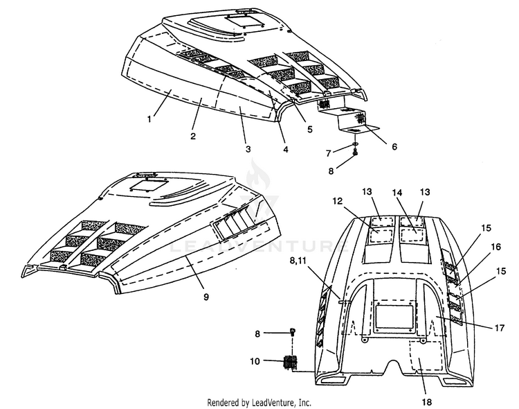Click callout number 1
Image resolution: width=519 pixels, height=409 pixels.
tap(149, 119)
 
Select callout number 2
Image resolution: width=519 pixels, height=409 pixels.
tap(193, 136)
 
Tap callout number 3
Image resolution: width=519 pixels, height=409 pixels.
tap(248, 149)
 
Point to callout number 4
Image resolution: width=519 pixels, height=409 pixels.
tap(285, 149)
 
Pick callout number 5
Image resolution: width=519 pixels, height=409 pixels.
tap(309, 129)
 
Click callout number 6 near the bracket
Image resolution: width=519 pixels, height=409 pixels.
tap(394, 146)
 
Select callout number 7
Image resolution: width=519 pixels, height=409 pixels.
tap(328, 153)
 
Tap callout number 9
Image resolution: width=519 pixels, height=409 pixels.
tap(206, 297)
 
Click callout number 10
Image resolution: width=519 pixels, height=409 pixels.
tap(255, 360)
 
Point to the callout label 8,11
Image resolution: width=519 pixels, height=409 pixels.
tap(298, 261)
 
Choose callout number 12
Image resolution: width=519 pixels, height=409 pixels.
tap(338, 200)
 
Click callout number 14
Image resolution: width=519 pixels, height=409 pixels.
tap(397, 193)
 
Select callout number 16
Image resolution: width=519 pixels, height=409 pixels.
tap(496, 247)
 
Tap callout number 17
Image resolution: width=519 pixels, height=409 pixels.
tap(499, 328)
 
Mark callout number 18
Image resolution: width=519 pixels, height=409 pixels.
tap(427, 402)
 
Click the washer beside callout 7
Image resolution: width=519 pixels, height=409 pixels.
tap(354, 144)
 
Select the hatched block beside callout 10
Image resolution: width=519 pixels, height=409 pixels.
tap(291, 363)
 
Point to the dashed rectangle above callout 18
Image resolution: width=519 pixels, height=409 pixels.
tap(426, 355)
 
